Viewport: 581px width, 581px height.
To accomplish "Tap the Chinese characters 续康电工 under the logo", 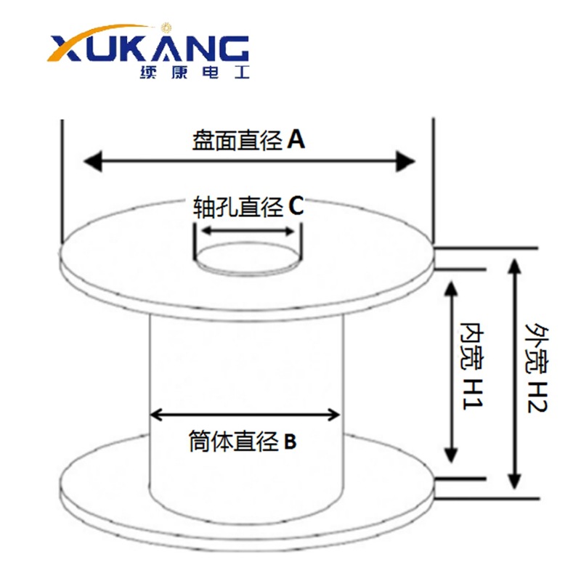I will click(192, 74).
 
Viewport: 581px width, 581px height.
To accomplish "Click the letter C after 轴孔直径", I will click(296, 207).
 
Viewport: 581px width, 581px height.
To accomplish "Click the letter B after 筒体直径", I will click(290, 441).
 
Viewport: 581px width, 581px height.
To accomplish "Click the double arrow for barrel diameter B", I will click(245, 415).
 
